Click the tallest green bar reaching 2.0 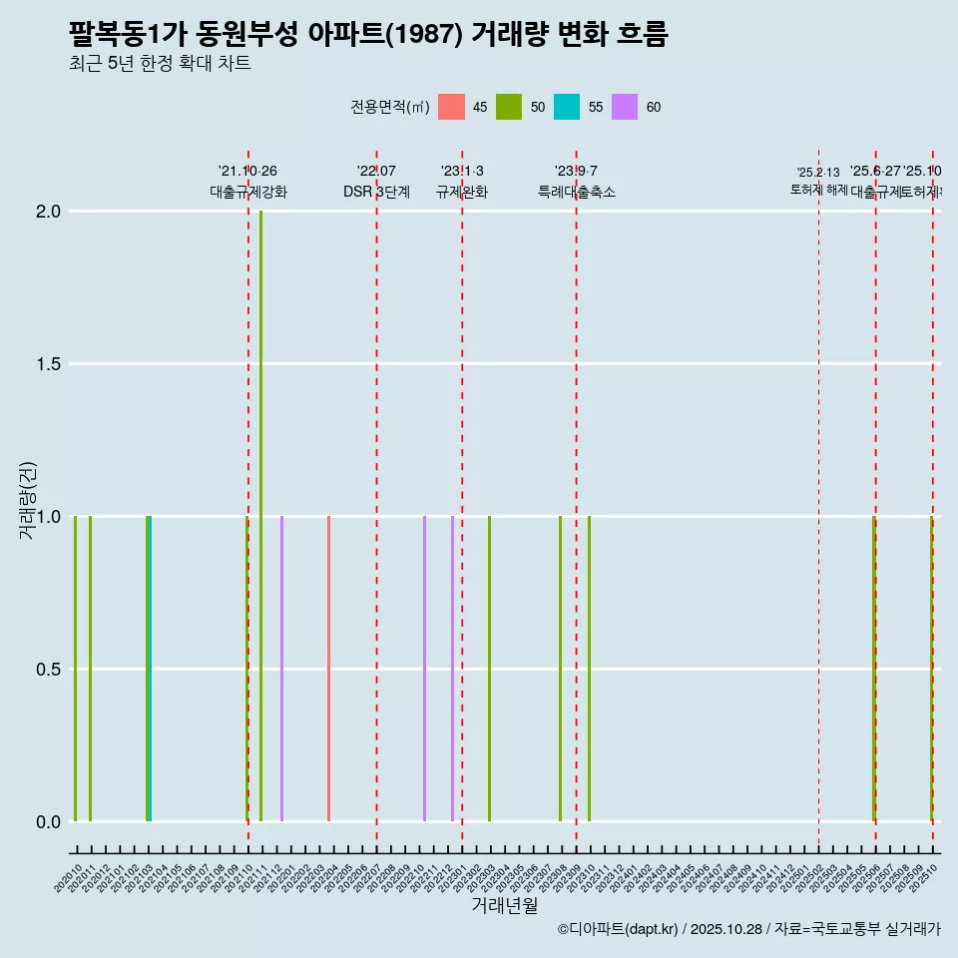pos(261,516)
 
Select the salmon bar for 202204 pos(328,669)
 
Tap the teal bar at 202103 pos(150,669)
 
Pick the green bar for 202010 pos(75,669)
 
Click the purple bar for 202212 pos(452,669)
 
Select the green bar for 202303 pos(489,669)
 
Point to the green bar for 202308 pos(560,669)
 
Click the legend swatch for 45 pos(451,107)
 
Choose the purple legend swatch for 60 pos(625,107)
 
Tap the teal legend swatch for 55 pos(567,107)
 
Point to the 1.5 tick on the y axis pos(48,364)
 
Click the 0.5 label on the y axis pos(48,669)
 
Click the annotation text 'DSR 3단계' pos(376,192)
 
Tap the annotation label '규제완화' pos(462,192)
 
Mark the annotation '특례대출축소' pos(576,192)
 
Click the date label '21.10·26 pos(247,171)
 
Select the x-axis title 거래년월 pos(504,906)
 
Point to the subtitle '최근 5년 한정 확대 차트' pos(160,64)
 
